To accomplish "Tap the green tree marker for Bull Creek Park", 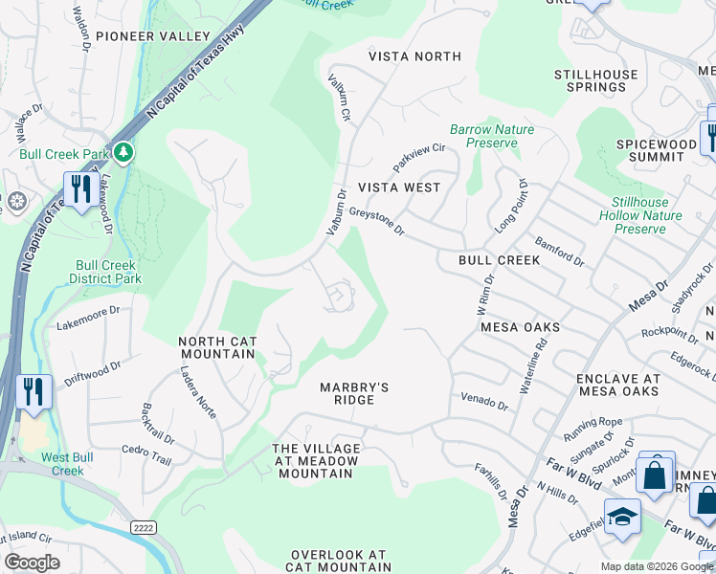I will click(x=123, y=152).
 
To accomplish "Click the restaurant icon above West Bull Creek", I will click(x=33, y=392).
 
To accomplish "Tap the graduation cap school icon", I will click(x=622, y=518).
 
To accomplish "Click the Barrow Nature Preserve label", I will click(x=492, y=136).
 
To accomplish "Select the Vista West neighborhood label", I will click(x=399, y=188).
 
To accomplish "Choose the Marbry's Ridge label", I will click(x=354, y=393).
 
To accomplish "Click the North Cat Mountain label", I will click(x=217, y=347).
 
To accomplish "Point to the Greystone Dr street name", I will click(x=377, y=222).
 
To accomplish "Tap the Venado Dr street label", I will click(x=483, y=400).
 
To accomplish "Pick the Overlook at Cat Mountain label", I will click(x=339, y=562).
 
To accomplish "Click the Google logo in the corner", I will click(x=32, y=563).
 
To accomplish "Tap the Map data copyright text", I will click(x=657, y=566).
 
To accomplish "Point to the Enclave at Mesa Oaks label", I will click(x=617, y=385).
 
